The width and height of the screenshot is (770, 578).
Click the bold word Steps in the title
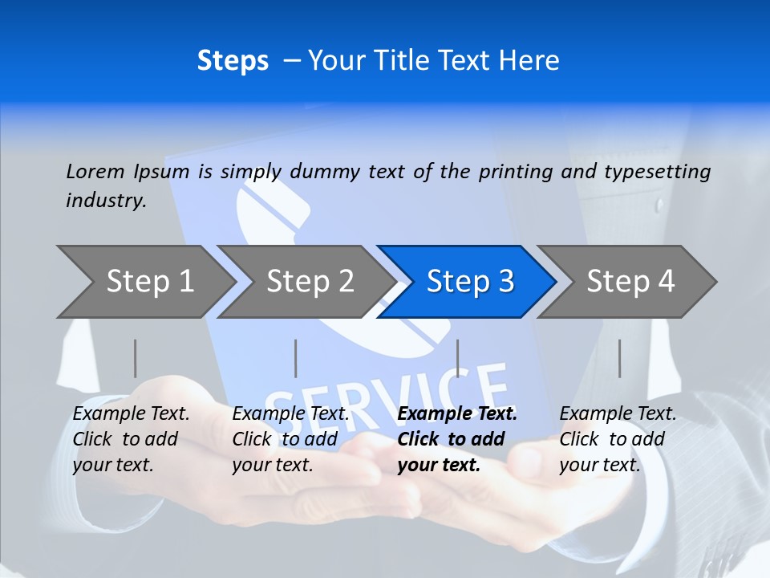coord(233,61)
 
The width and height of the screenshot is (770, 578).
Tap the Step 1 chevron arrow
coord(149,281)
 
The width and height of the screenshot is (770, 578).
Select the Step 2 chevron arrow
coord(310,281)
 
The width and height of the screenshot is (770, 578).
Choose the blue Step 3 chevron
coord(470,281)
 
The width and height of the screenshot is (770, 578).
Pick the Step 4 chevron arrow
coord(630,281)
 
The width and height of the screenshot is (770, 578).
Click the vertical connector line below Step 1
coord(135,358)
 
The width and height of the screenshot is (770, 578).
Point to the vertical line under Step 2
coord(296,358)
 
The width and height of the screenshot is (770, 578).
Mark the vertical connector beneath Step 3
coord(457,358)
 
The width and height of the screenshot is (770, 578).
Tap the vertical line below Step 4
coord(619,358)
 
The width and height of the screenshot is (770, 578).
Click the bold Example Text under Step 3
coord(457,414)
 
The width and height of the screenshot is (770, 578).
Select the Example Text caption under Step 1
coord(131,414)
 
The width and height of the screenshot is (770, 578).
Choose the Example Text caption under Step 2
coord(290,414)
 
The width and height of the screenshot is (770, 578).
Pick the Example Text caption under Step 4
coord(618,414)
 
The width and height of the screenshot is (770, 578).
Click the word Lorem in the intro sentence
coord(95,171)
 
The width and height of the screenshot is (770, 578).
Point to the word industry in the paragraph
coord(106,201)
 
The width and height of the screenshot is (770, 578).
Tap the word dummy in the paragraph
coord(327,172)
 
